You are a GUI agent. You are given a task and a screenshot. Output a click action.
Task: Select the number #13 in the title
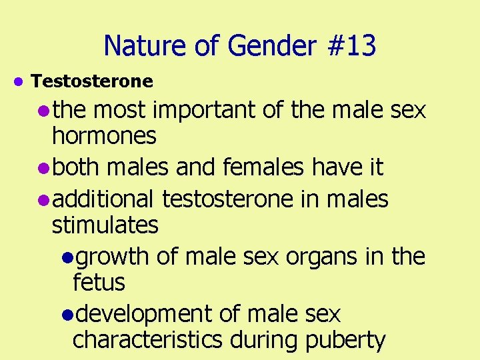[x=351, y=46]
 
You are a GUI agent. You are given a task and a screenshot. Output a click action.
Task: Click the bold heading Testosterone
[x=92, y=82]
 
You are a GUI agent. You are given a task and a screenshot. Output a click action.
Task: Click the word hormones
[x=104, y=136]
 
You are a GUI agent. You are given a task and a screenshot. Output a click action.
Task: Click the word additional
[x=103, y=198]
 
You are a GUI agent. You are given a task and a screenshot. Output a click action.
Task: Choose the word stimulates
[x=105, y=225]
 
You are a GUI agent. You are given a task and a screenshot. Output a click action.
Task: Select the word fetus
[x=98, y=283]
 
